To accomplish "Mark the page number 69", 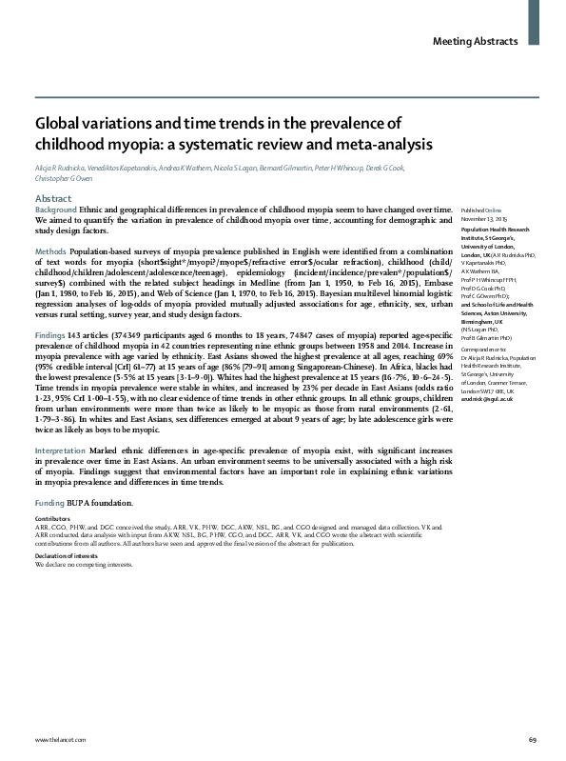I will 532,739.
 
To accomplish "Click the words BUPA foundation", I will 101,502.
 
